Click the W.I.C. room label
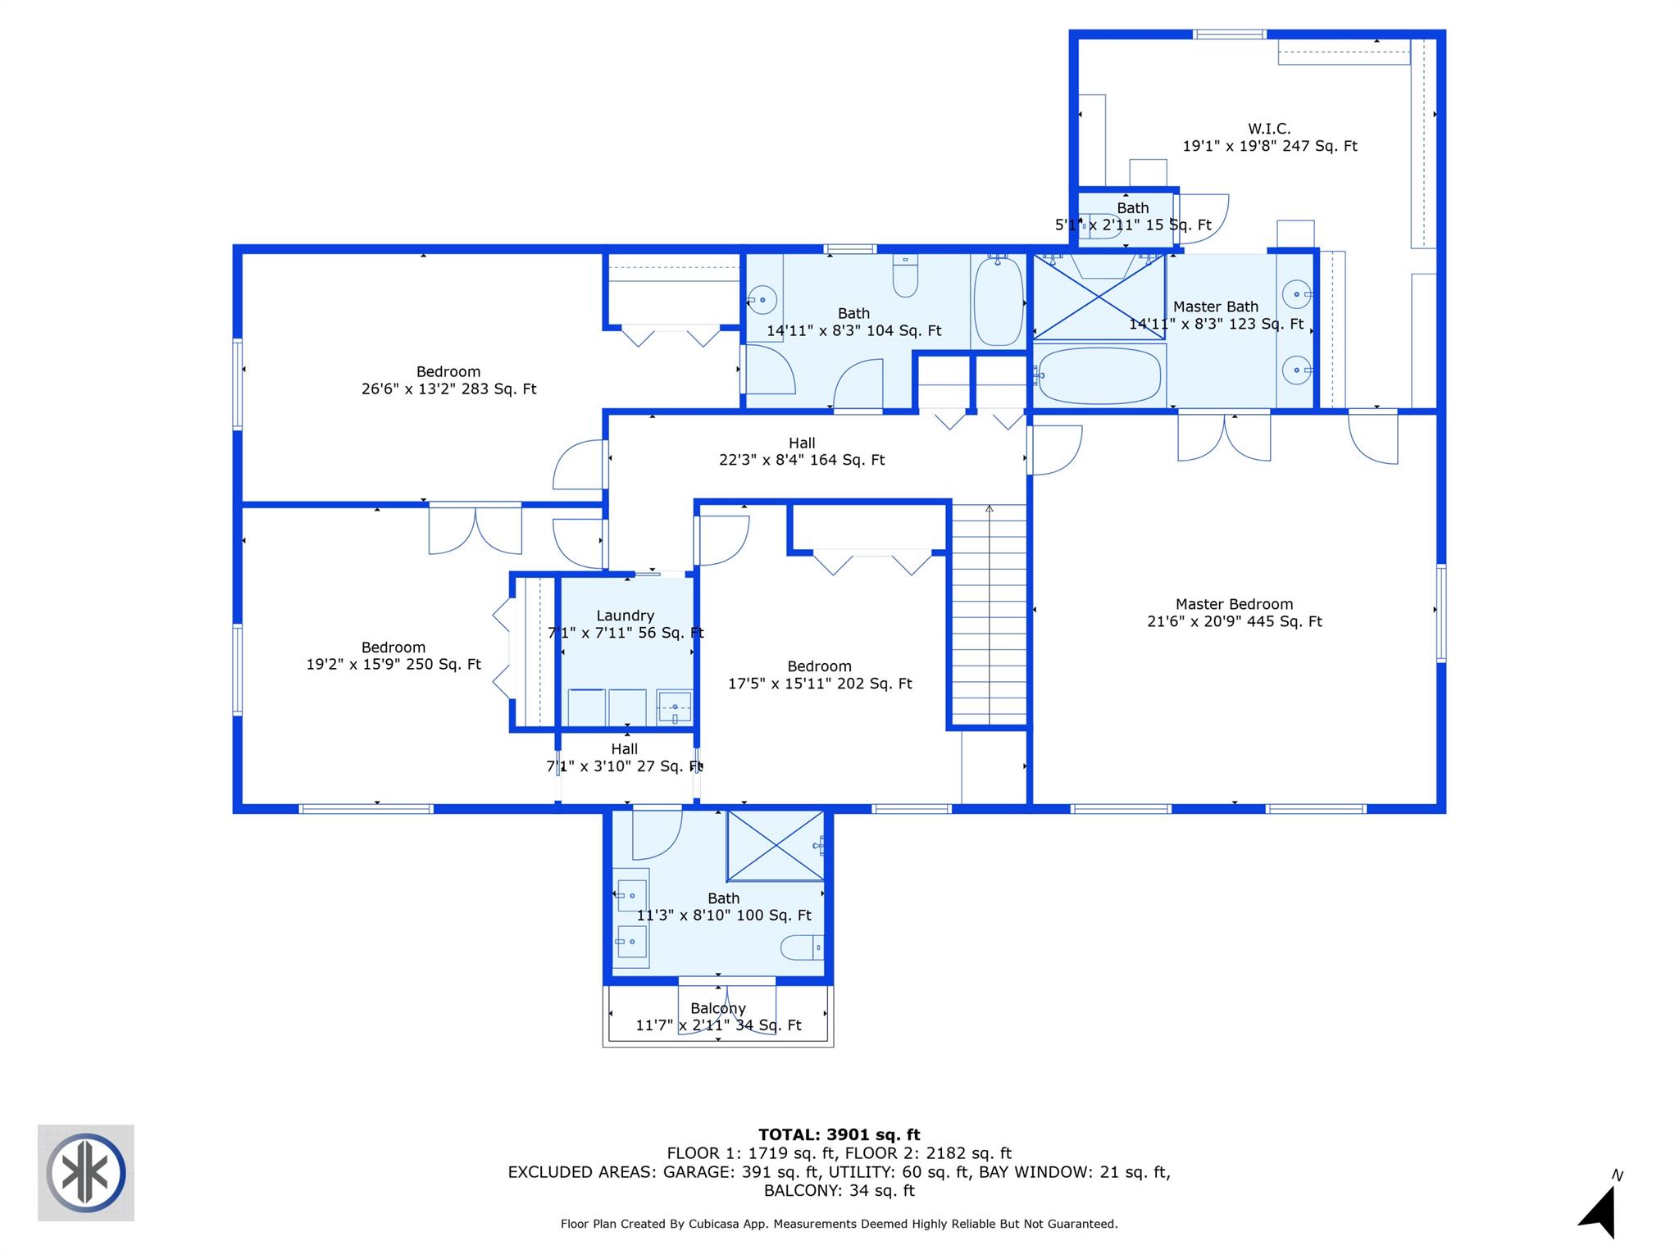pos(1269,129)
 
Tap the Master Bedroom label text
pos(1234,604)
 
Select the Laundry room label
pos(625,616)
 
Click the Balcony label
pos(718,1008)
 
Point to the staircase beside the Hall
pos(989,615)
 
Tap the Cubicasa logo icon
pos(86,1172)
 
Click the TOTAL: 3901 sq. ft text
pos(839,1134)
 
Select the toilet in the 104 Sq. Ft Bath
pos(905,276)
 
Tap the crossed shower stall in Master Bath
pos(1099,297)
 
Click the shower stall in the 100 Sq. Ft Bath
pos(776,845)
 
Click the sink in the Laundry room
pos(674,707)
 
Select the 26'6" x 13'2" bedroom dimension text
pos(448,389)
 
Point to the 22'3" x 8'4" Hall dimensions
pos(801,461)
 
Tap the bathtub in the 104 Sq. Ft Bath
pos(999,302)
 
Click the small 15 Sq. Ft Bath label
pos(1132,208)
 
